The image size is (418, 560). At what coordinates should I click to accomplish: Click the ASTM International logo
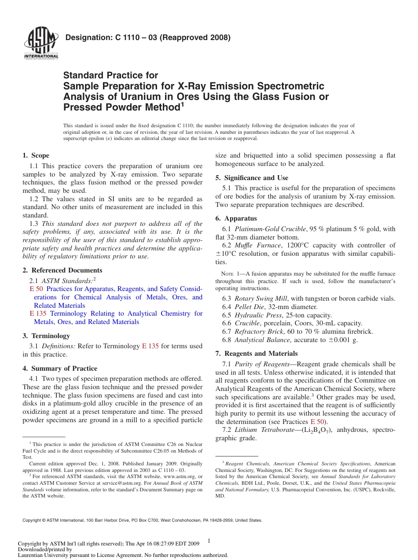click(41, 43)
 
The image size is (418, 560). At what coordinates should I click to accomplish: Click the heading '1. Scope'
click(36, 155)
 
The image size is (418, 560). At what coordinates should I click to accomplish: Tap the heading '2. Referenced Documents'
click(62, 270)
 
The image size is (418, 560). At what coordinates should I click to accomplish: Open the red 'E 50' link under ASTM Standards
click(36, 289)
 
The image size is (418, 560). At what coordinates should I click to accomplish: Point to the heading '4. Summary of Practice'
click(60, 368)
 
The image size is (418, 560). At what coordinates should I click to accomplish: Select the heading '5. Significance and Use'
click(252, 178)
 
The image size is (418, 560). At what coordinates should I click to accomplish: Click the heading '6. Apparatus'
click(236, 218)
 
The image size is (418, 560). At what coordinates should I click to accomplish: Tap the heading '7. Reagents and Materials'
click(257, 354)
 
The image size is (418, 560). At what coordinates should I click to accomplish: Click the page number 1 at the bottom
click(209, 541)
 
